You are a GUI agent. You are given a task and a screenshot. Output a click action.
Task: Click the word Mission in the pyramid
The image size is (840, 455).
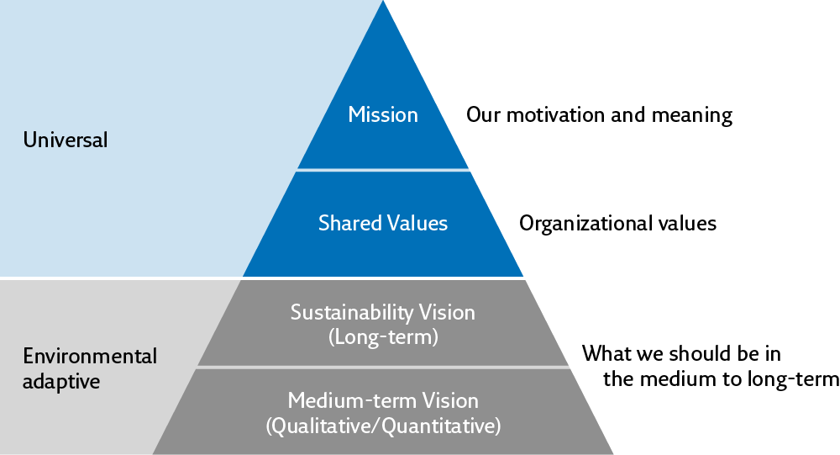(x=383, y=114)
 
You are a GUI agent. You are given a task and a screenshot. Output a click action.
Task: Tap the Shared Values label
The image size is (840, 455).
(x=383, y=223)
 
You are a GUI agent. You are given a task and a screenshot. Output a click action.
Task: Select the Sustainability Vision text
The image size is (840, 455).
(x=383, y=313)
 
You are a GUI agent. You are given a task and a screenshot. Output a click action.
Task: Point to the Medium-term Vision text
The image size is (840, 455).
(x=383, y=400)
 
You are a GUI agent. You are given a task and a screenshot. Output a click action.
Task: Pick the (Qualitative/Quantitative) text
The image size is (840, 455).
(x=383, y=426)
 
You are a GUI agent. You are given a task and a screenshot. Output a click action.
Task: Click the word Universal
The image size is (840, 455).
(x=66, y=140)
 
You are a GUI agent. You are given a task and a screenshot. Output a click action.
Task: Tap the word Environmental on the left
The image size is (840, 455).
(x=90, y=356)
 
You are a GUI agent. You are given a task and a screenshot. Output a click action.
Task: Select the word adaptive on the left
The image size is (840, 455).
(x=61, y=381)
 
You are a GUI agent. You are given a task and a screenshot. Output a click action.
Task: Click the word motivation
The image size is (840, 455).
(x=554, y=114)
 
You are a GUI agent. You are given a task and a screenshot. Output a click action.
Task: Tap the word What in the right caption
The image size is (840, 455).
(x=606, y=353)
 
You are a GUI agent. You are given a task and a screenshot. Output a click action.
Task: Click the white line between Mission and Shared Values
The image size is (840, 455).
(x=383, y=169)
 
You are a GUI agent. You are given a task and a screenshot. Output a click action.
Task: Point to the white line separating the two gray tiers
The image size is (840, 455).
(x=383, y=367)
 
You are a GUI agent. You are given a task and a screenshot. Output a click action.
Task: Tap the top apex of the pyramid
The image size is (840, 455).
(x=384, y=3)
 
